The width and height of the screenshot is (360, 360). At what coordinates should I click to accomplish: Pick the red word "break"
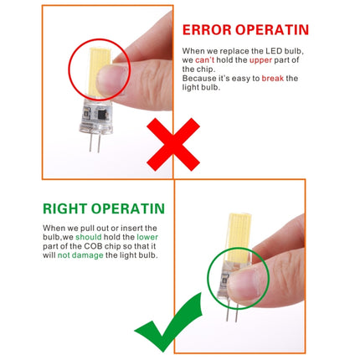click(272, 78)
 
